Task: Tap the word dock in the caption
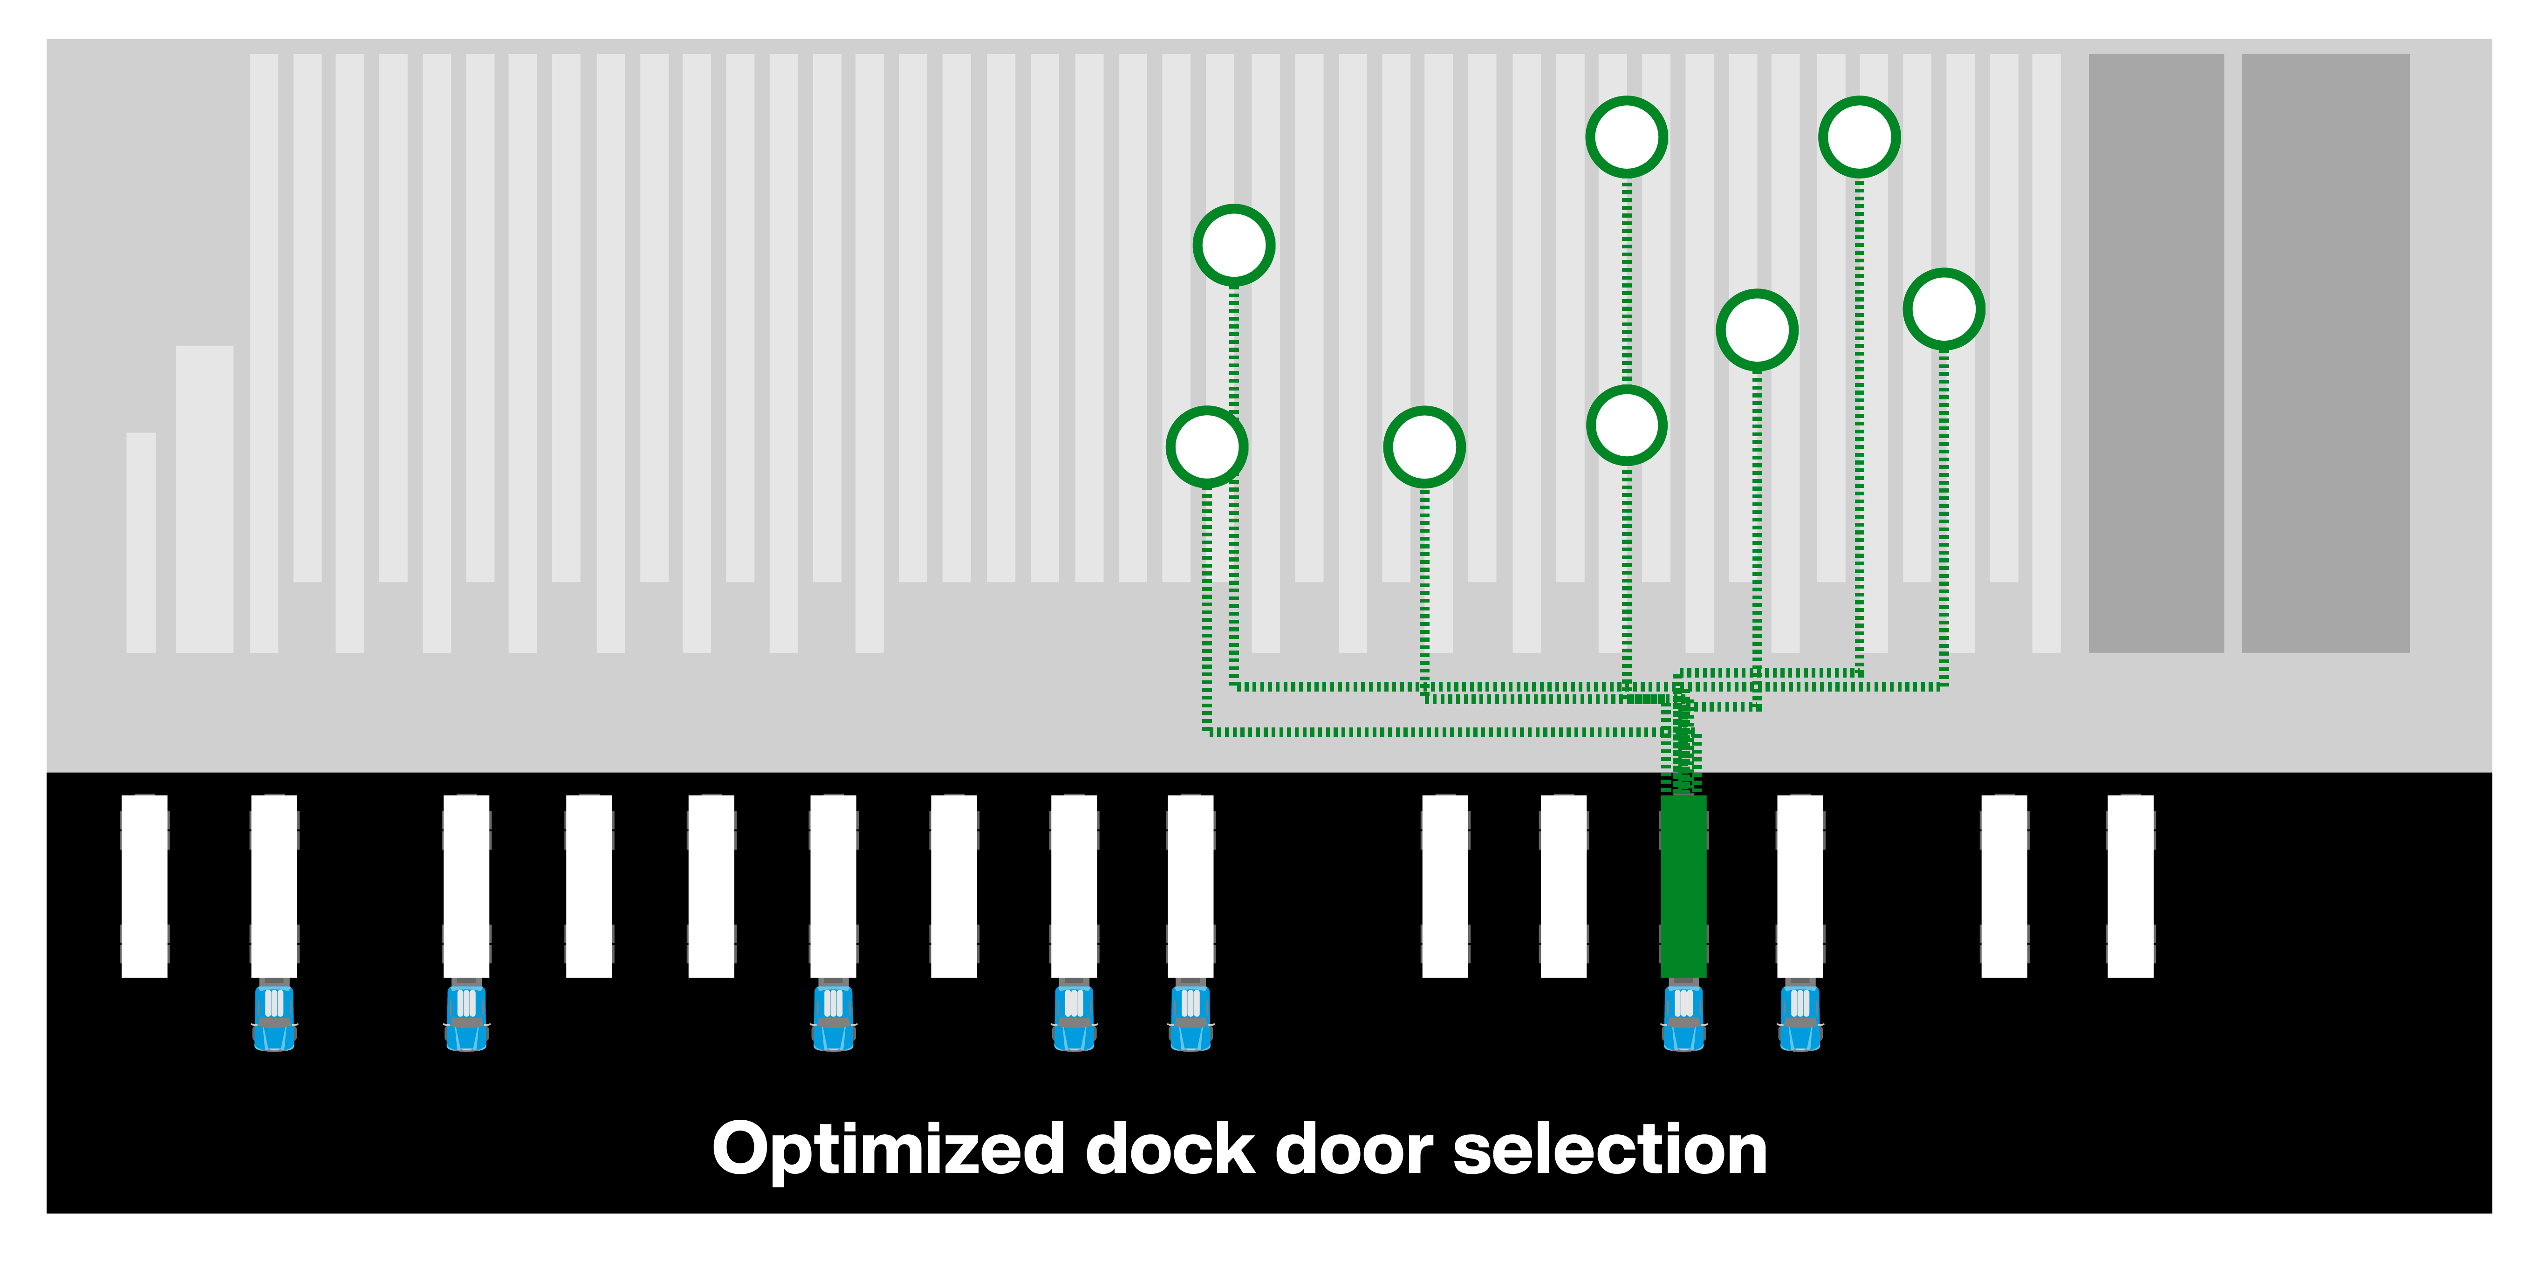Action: click(x=1170, y=1150)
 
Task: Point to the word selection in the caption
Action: click(x=1610, y=1150)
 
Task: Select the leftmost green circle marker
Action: click(x=1207, y=446)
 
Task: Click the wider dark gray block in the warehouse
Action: click(x=2325, y=353)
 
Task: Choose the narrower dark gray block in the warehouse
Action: click(x=2156, y=353)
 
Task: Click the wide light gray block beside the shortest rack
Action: click(x=205, y=498)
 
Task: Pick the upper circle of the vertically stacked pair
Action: click(x=1627, y=137)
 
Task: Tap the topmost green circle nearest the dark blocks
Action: click(x=1859, y=137)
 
